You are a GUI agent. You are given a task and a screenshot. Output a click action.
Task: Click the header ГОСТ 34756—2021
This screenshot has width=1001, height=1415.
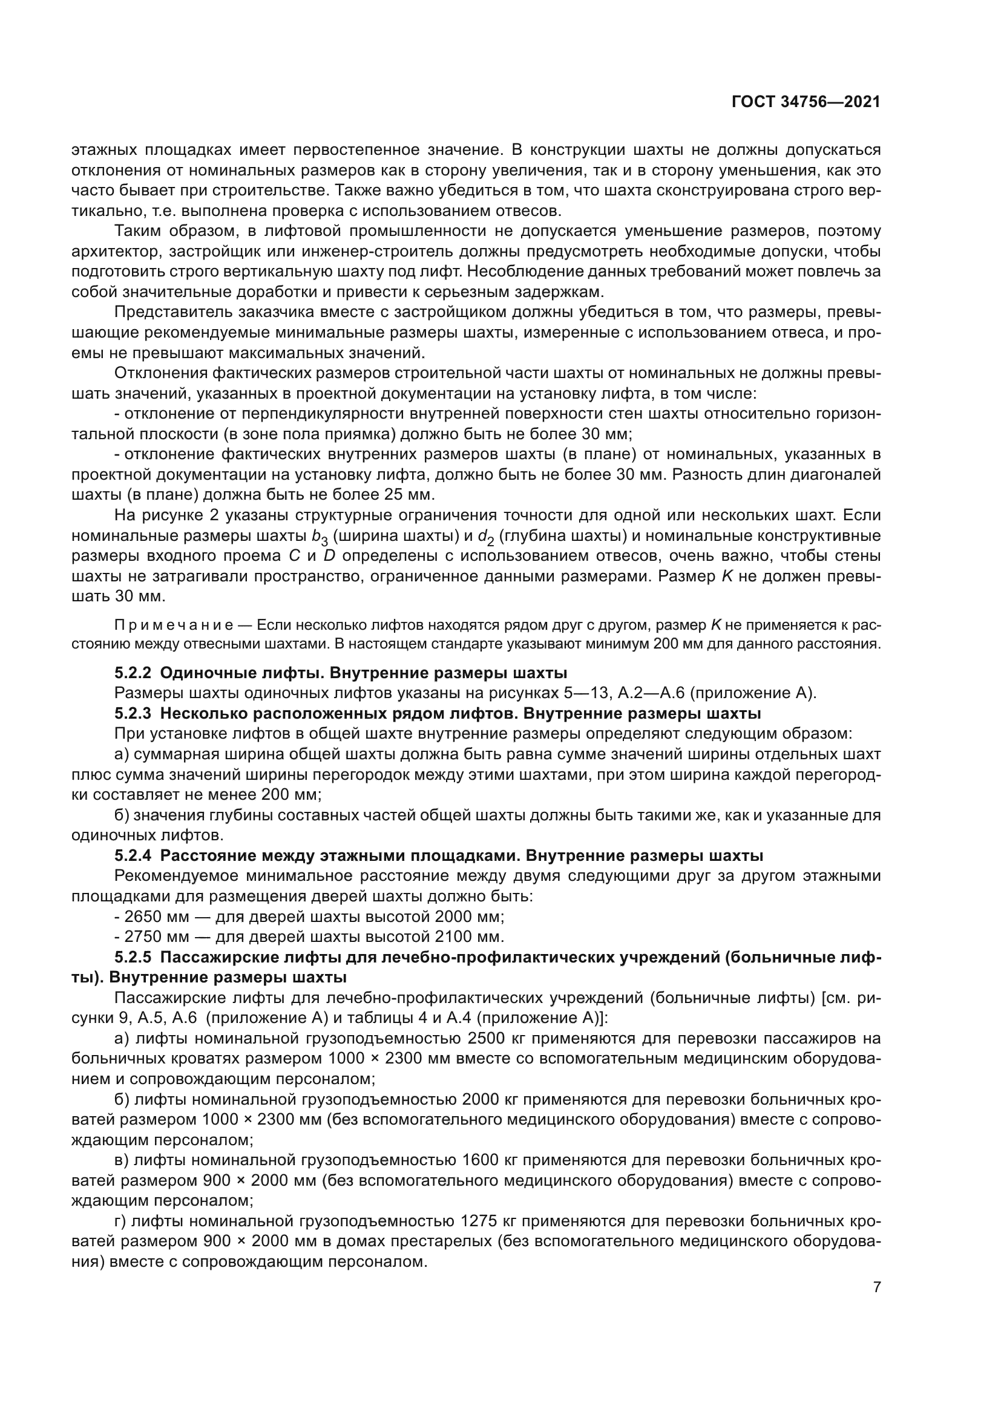tap(806, 102)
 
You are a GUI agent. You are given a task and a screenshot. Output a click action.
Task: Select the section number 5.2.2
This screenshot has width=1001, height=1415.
tap(133, 672)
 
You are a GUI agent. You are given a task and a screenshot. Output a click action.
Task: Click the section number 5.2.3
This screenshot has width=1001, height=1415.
tap(133, 714)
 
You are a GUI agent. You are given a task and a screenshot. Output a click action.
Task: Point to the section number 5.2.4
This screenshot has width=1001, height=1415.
tap(133, 856)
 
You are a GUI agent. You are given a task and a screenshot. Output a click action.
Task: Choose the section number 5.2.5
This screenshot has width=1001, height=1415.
tap(133, 958)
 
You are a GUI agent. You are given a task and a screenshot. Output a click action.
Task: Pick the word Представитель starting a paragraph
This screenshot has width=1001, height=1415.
tap(179, 312)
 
